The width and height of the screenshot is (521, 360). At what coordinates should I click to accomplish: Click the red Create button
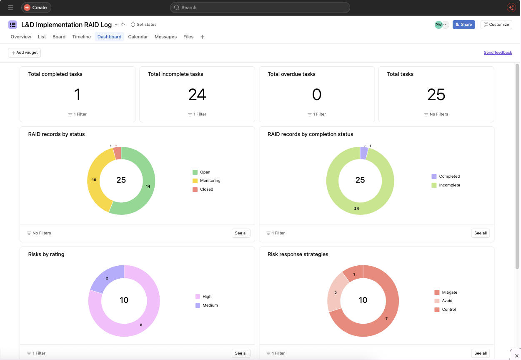(x=36, y=8)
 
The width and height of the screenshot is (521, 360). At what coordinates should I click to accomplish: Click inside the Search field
(x=260, y=8)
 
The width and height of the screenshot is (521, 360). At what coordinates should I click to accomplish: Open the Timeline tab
(x=81, y=37)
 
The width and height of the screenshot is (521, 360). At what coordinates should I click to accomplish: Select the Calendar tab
(x=138, y=37)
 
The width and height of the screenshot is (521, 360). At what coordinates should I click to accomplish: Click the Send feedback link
(x=498, y=53)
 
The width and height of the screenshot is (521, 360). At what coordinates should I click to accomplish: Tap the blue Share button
(x=463, y=25)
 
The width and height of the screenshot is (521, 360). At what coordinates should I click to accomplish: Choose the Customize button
(x=496, y=25)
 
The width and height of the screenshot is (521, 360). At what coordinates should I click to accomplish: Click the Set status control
(x=143, y=25)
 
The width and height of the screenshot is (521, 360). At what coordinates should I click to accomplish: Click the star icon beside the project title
(x=123, y=25)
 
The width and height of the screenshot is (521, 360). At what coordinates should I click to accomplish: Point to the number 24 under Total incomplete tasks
(x=197, y=94)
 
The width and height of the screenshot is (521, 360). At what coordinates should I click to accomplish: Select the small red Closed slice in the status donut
(x=118, y=153)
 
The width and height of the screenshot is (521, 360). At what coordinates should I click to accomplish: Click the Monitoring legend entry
(x=206, y=181)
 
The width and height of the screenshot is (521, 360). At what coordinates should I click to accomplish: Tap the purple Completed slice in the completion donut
(x=363, y=153)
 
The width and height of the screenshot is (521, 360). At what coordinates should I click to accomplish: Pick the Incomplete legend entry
(x=446, y=185)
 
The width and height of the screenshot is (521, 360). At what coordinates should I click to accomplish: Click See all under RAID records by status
(x=241, y=233)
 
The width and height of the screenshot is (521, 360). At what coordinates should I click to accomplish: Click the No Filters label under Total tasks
(x=436, y=114)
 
